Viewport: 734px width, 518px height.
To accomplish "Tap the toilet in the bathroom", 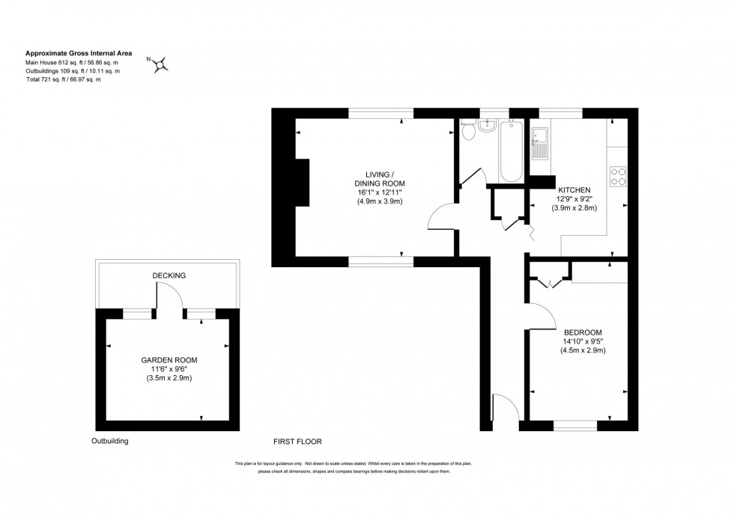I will coord(468,132).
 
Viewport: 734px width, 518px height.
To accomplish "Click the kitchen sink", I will coord(541,142).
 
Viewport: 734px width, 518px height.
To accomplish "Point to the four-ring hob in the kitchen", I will coord(619,176).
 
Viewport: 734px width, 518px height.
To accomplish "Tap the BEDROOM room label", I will coord(583,332).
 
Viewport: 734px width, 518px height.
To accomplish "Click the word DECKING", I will coord(169,275).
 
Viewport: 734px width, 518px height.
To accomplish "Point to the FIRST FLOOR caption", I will coord(298,442).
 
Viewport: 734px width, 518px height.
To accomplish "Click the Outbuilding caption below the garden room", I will coord(110,442).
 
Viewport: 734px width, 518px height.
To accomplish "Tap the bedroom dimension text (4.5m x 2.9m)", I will coord(583,350).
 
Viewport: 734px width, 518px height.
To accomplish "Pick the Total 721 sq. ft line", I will coord(64,79).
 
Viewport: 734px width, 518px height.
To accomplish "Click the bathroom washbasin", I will coord(487,125).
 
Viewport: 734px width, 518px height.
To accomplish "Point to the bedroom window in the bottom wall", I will coord(575,427).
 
